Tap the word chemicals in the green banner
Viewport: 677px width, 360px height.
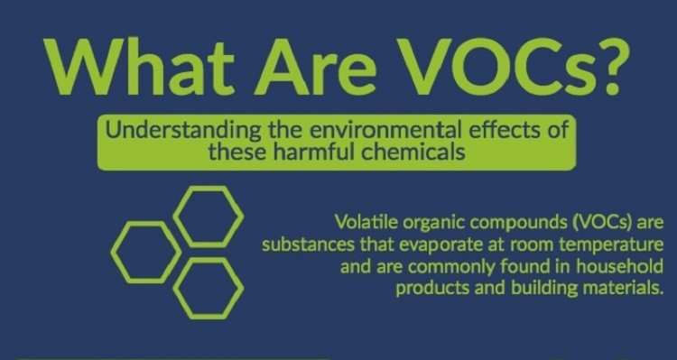pyautogui.click(x=412, y=151)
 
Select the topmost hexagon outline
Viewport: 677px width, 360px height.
pyautogui.click(x=209, y=217)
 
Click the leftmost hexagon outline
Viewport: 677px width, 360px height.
pyautogui.click(x=144, y=251)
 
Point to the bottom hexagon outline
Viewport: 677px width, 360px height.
pyautogui.click(x=209, y=287)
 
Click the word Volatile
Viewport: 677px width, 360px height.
pyautogui.click(x=366, y=223)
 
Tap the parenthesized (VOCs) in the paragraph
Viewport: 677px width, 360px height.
pyautogui.click(x=595, y=223)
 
